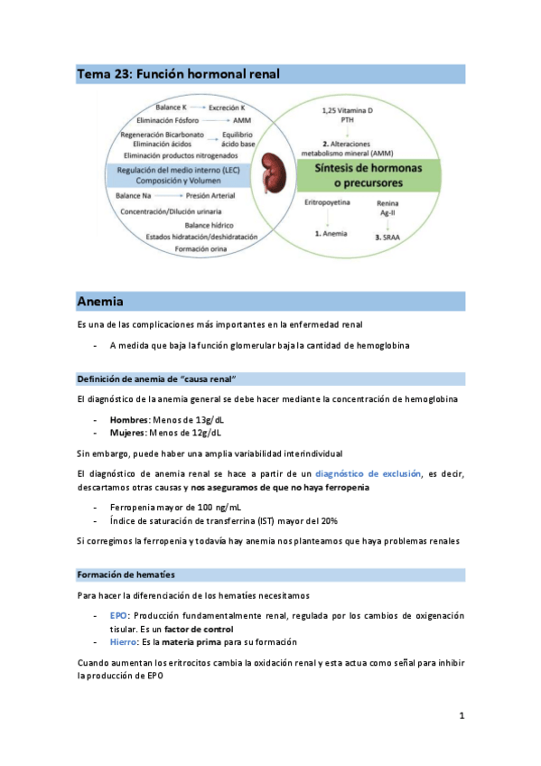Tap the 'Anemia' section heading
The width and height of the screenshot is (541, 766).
100,300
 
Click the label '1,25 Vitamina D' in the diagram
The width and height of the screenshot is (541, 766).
346,110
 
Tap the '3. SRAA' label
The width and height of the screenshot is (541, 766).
390,237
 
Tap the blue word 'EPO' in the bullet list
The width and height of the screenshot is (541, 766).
117,615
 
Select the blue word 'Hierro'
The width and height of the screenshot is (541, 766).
123,641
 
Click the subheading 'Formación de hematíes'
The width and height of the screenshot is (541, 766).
126,574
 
